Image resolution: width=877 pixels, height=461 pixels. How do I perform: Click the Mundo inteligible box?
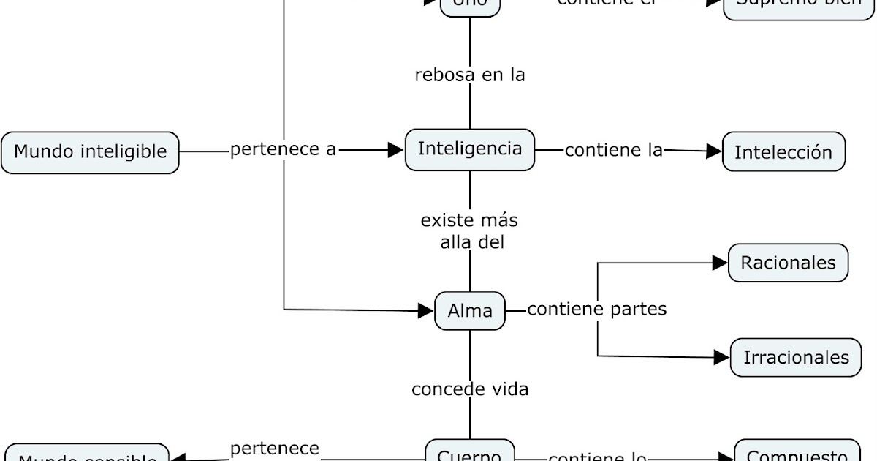(90, 152)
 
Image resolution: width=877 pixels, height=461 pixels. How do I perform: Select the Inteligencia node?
(470, 149)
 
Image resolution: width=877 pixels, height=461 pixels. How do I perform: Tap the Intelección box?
(783, 152)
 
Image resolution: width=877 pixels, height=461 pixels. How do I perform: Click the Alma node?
(470, 311)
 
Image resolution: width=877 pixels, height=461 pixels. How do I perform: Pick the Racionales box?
(788, 263)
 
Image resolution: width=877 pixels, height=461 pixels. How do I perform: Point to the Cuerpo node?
(470, 453)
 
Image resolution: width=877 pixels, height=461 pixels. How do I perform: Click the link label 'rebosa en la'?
(470, 75)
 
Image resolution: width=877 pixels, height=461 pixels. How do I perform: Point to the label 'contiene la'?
(613, 150)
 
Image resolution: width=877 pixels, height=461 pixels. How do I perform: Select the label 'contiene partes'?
(597, 310)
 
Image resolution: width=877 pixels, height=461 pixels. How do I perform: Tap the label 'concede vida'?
(470, 389)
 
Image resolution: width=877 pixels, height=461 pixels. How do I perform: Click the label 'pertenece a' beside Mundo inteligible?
(283, 149)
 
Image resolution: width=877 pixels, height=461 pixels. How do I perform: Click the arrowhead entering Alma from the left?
(426, 311)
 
